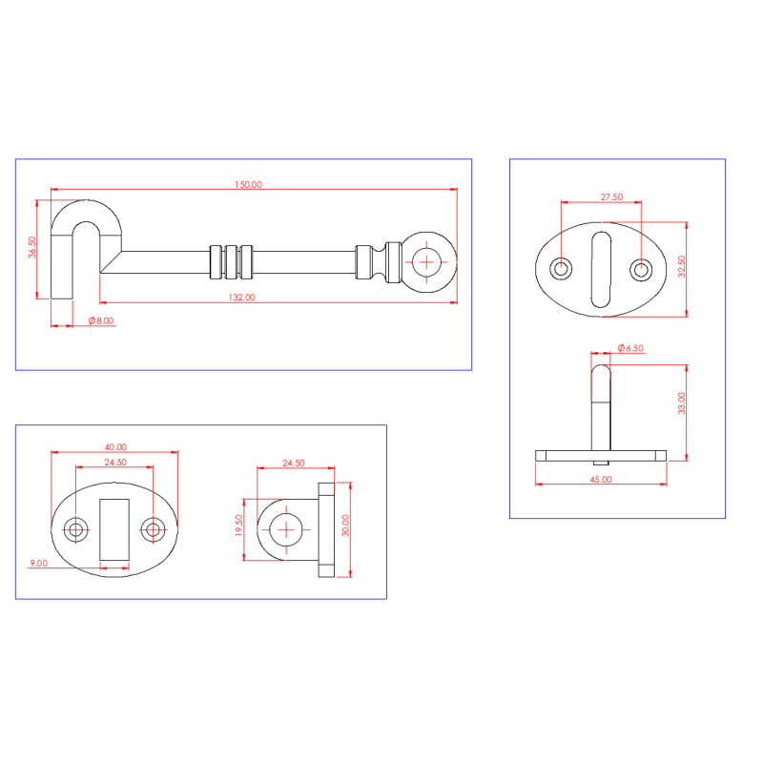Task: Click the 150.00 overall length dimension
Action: pyautogui.click(x=248, y=184)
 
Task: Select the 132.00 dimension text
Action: pyautogui.click(x=242, y=297)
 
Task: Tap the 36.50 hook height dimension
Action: pyautogui.click(x=32, y=247)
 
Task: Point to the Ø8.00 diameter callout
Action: pyautogui.click(x=101, y=320)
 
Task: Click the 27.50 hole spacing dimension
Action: pyautogui.click(x=611, y=197)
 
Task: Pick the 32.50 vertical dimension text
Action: pyautogui.click(x=681, y=267)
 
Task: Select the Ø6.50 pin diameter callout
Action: pyautogui.click(x=630, y=348)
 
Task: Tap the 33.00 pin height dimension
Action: pyautogui.click(x=681, y=402)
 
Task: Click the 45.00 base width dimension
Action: pyautogui.click(x=601, y=480)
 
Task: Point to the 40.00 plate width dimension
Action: pyautogui.click(x=115, y=446)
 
